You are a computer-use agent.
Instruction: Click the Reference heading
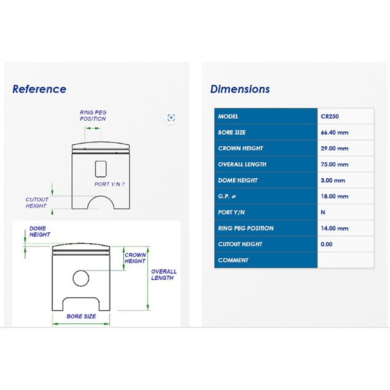pos(39,89)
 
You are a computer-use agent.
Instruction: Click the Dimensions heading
pos(240,89)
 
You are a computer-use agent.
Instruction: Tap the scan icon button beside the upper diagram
pos(171,118)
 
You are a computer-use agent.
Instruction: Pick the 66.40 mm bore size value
pos(334,132)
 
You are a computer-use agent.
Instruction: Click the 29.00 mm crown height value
pos(334,149)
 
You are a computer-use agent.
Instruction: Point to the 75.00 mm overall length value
pos(334,165)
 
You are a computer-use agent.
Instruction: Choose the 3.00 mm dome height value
pos(333,180)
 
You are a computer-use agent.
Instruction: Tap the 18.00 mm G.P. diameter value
pos(334,196)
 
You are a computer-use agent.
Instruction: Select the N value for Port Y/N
pos(323,212)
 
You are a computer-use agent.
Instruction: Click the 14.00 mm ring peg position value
pos(334,228)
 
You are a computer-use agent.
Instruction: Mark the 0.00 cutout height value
pos(327,245)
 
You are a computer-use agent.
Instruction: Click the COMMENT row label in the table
pos(233,260)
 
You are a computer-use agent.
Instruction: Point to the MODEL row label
pos(228,116)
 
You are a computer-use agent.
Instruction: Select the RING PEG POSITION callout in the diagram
pos(93,116)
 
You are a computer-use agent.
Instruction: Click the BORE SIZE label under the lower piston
pos(81,316)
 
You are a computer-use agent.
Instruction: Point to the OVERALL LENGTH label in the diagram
pos(163,275)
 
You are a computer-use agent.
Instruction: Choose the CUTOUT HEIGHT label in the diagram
pos(37,202)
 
